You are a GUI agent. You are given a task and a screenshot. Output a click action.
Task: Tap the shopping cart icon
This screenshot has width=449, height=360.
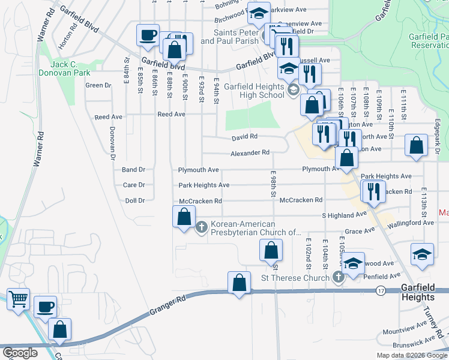19,298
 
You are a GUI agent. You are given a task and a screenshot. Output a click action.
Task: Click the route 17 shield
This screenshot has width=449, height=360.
381,290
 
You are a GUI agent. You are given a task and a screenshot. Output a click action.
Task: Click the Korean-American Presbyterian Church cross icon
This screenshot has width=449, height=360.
202,227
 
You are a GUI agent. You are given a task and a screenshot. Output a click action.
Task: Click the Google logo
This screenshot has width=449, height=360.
20,353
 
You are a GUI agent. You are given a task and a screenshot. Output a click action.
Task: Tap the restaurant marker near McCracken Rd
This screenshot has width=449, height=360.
373,191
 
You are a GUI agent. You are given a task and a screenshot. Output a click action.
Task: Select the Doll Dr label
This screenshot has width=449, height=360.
134,200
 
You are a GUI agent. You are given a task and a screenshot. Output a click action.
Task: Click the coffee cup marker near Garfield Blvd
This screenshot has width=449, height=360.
148,35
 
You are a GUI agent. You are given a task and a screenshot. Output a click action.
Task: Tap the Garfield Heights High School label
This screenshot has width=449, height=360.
254,91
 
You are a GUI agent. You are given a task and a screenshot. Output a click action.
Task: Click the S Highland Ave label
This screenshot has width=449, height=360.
344,214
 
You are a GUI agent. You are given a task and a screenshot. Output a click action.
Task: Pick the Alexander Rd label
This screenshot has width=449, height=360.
250,153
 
